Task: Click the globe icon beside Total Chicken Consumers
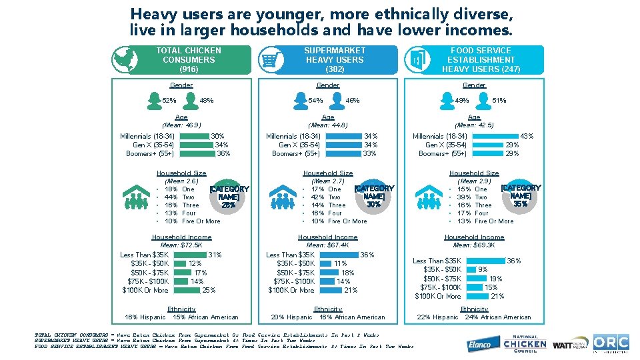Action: (121, 59)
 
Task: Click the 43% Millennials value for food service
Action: (527, 136)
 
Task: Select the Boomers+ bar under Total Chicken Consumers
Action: (197, 153)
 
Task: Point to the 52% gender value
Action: (169, 101)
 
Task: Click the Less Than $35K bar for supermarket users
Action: (338, 255)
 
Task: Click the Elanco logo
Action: (481, 344)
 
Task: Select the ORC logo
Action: (611, 343)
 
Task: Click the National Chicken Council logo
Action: (525, 343)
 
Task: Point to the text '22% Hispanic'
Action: (437, 317)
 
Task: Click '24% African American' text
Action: (498, 317)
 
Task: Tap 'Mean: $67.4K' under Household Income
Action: (328, 245)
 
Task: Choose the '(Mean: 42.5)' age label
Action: (474, 125)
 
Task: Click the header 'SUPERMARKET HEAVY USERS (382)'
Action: (335, 59)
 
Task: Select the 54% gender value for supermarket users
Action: (315, 101)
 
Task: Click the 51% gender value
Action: (499, 101)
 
